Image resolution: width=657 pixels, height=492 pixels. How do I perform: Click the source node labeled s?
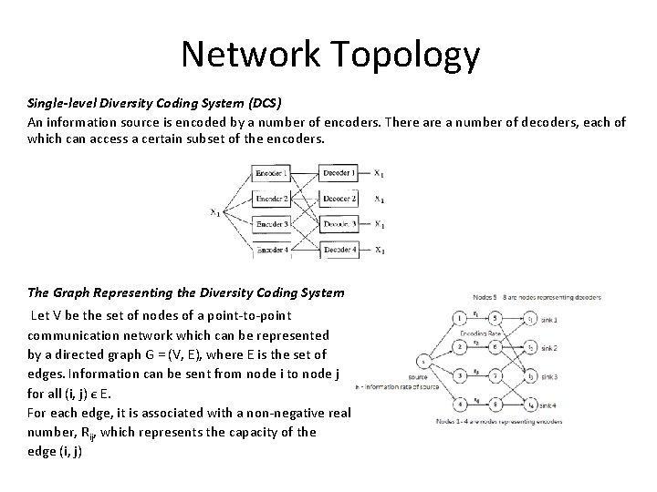click(x=421, y=361)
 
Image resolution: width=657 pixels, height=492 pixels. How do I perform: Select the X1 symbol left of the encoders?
click(x=215, y=213)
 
